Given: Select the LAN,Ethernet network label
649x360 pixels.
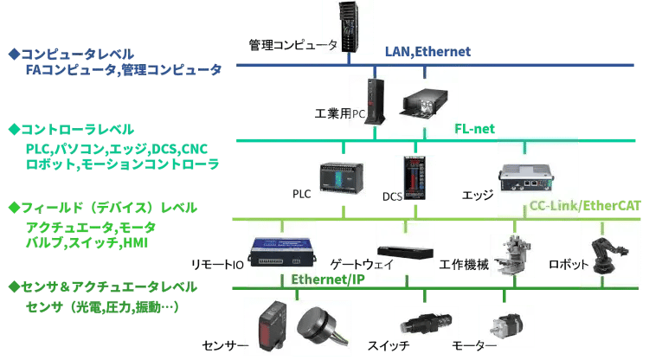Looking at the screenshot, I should coord(427,53).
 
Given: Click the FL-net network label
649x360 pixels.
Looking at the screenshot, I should coord(474,129).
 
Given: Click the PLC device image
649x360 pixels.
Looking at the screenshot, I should coord(343,178).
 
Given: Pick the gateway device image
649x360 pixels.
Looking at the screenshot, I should coord(405,242).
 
